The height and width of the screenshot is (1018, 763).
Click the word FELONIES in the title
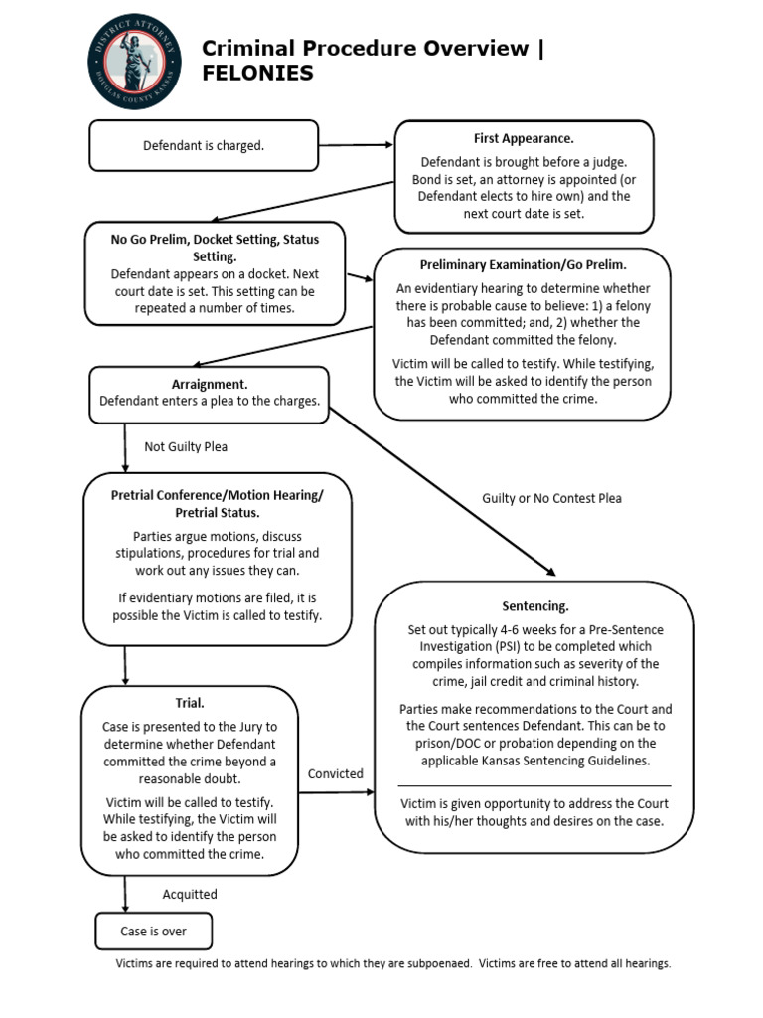click(x=257, y=74)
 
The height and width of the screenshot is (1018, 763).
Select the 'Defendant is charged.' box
click(x=204, y=146)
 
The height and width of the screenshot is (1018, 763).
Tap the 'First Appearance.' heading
click(x=524, y=138)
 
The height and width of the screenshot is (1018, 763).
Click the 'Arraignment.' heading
click(x=210, y=384)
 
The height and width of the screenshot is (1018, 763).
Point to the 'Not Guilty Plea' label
click(x=186, y=447)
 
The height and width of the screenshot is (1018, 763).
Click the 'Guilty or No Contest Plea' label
click(x=551, y=498)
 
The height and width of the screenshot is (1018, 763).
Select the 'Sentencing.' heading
click(x=535, y=606)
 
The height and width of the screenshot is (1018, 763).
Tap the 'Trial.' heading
click(x=190, y=703)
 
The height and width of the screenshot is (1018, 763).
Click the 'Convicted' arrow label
click(x=335, y=773)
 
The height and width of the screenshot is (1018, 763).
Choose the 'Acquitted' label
click(x=190, y=894)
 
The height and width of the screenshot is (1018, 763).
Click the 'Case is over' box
click(x=154, y=932)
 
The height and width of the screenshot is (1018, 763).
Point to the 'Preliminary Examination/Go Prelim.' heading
click(x=522, y=265)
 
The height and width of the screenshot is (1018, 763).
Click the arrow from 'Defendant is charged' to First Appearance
click(x=357, y=145)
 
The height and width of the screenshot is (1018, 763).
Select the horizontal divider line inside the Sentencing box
click(x=534, y=785)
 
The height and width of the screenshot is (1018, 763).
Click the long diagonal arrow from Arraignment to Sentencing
click(x=442, y=491)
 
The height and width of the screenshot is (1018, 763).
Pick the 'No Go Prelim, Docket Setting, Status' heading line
click(x=215, y=240)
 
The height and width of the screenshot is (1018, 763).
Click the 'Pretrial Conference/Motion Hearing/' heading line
click(x=217, y=495)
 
